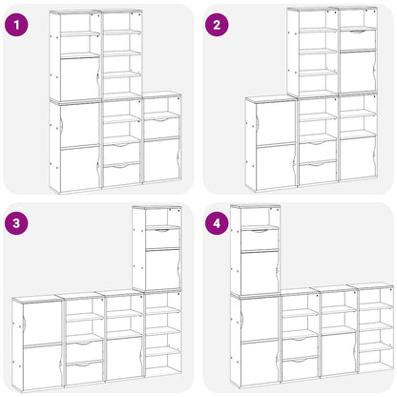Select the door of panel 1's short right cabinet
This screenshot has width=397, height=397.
(x=160, y=160)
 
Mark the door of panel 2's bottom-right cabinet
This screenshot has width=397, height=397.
(x=358, y=157)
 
